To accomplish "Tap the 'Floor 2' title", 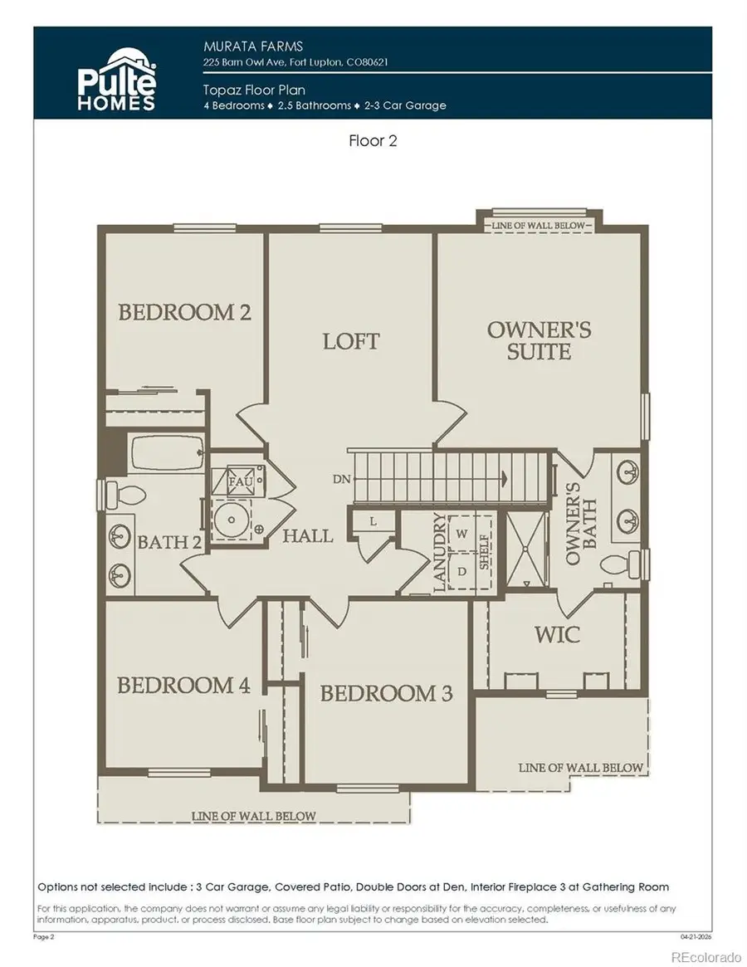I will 373,141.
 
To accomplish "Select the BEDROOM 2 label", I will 184,313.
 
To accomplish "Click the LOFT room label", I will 351,341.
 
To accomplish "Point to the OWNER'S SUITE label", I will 539,340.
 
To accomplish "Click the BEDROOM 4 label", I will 183,686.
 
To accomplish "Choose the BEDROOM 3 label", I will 387,694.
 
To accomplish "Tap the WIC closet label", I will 557,635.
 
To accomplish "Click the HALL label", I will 307,536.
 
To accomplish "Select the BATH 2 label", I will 169,543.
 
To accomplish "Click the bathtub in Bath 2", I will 167,454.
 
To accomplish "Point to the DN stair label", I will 339,479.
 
